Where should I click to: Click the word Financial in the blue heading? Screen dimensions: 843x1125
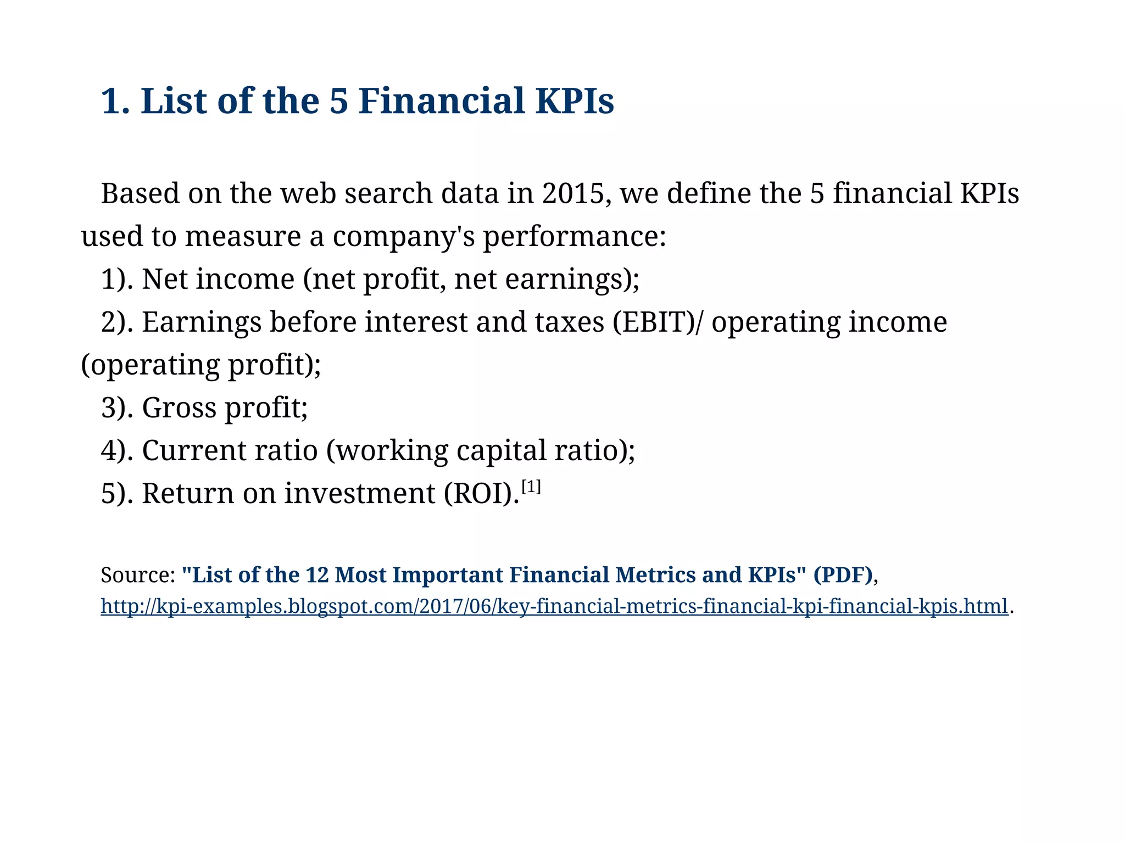pyautogui.click(x=442, y=101)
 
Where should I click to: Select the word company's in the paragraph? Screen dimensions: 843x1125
pyautogui.click(x=403, y=237)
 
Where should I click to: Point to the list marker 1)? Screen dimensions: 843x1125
pyautogui.click(x=117, y=279)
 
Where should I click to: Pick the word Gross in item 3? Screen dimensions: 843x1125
pyautogui.click(x=179, y=407)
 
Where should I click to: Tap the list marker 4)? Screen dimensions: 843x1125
pyautogui.click(x=117, y=450)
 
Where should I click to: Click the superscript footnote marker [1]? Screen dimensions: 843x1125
pyautogui.click(x=531, y=487)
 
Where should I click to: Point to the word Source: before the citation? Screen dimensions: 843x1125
pyautogui.click(x=138, y=575)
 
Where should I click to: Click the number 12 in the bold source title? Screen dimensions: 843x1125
pyautogui.click(x=317, y=575)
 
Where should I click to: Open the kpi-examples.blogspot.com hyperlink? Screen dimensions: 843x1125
pyautogui.click(x=554, y=606)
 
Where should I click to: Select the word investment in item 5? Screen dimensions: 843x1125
pyautogui.click(x=359, y=493)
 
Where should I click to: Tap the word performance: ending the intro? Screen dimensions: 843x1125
pyautogui.click(x=574, y=237)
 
